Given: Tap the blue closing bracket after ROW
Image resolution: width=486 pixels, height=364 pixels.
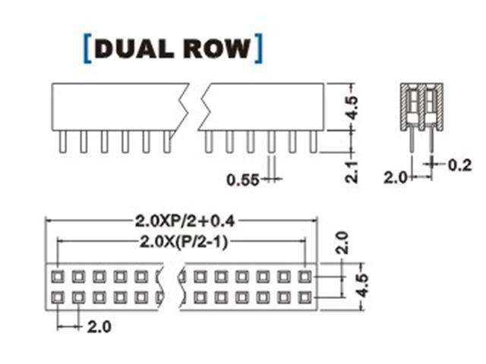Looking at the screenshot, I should point(260,47).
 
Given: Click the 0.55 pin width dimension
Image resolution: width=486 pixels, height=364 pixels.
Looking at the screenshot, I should point(243,180).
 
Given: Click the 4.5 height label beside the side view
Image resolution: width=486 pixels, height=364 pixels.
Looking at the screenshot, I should point(351,106).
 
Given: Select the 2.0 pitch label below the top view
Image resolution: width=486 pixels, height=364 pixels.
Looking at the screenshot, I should point(99,327).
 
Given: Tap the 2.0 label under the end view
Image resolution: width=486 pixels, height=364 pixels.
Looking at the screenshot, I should point(395,177).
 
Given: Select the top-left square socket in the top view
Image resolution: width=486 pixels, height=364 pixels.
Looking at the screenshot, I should point(58,276).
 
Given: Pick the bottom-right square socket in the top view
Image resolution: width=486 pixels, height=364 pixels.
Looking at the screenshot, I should point(304,296).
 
